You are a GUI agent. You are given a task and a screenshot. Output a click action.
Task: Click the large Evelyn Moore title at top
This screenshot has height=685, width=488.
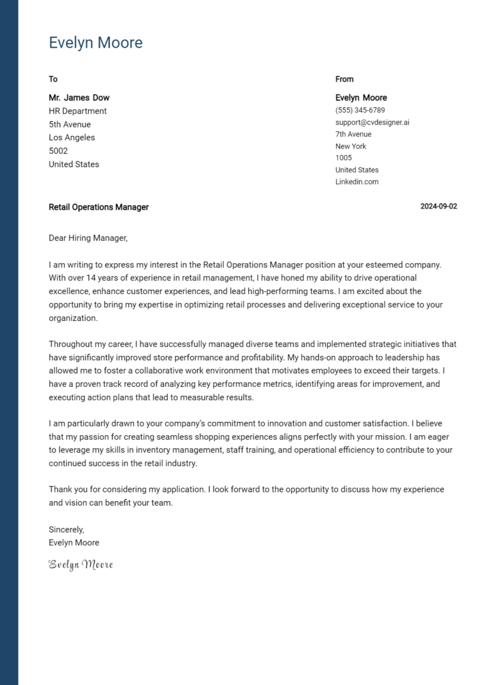coord(95,43)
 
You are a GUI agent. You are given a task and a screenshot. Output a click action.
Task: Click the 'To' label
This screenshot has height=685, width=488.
coord(53,79)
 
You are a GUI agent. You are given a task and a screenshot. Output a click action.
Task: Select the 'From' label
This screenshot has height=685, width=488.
coord(344,79)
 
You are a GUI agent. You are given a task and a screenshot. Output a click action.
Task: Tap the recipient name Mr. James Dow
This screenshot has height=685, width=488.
coord(79,98)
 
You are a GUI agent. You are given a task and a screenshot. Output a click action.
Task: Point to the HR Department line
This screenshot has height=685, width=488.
coord(78,111)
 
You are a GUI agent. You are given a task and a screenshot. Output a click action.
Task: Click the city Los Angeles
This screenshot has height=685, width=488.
coord(72,138)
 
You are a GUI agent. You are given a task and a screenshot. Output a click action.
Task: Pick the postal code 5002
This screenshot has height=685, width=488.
coord(58,151)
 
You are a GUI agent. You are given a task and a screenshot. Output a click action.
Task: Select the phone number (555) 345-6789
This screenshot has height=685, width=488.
coord(360,110)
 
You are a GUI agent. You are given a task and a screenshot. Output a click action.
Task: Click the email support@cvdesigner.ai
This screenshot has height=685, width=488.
coord(372,122)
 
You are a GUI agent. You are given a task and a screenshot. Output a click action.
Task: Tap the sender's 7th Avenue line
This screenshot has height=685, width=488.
coord(353,134)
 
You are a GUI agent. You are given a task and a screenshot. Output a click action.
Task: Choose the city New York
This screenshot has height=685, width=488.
coord(351,146)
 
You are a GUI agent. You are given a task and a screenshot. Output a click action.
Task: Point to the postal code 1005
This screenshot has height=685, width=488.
coord(344,158)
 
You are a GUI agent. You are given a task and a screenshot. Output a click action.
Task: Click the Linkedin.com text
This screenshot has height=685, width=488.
coord(357,182)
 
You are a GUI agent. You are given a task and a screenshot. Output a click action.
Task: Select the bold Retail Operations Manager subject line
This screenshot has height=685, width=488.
coord(98,207)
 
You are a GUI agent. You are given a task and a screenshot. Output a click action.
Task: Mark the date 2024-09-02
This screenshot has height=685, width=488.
coord(438,207)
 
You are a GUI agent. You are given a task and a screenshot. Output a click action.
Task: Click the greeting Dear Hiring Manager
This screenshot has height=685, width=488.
coord(88,238)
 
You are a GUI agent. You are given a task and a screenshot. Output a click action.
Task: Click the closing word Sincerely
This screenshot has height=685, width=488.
coord(67,529)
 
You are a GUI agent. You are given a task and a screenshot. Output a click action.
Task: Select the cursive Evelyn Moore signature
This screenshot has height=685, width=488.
coord(81,564)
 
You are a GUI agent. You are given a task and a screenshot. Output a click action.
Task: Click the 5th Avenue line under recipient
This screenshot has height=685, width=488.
coord(70,125)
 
